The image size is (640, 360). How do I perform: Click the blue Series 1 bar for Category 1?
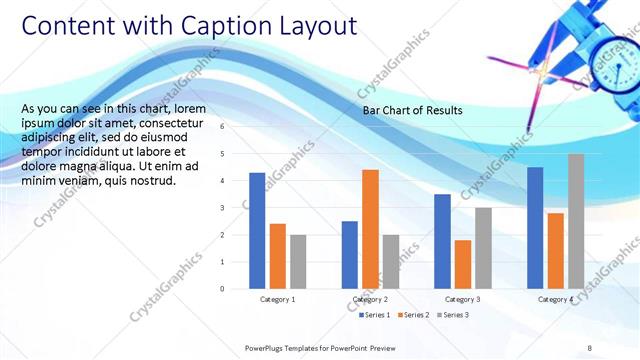257,231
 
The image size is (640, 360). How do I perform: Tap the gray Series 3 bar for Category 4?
576,221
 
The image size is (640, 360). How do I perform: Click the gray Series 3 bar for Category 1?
298,262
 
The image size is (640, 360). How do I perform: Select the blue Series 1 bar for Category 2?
349,255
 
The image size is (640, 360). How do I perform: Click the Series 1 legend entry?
376,315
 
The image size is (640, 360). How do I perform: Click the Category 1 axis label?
277,299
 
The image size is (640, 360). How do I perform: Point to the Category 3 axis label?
462,299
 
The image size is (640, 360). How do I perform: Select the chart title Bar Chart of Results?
412,110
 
